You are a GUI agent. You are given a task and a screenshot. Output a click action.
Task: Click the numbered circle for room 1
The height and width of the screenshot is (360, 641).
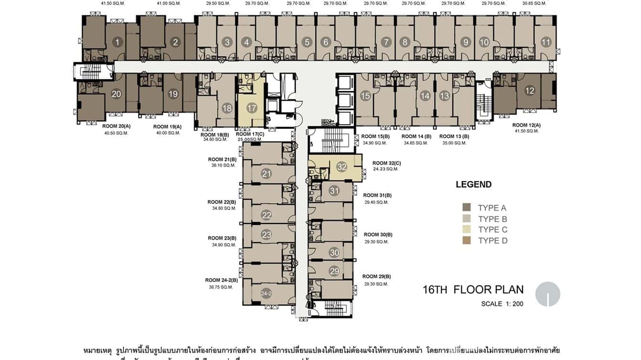point(117,42)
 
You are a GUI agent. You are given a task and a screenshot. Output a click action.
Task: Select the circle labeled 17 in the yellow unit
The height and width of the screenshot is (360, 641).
point(252,108)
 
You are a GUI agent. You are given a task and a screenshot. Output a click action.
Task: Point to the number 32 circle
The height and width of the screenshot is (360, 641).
point(342,167)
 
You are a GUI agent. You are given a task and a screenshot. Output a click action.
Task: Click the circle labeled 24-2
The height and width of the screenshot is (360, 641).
point(267,294)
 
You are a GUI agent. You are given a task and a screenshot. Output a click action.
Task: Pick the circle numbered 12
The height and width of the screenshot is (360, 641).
point(530,91)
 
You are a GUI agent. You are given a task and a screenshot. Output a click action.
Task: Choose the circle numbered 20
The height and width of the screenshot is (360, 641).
point(116,94)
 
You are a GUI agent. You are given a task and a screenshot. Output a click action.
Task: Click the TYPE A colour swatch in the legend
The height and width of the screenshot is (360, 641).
point(467,208)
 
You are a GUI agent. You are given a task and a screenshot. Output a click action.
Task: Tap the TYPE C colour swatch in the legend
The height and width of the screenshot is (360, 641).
point(467,230)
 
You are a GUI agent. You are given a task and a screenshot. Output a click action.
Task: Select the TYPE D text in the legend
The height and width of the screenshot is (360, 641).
point(492,241)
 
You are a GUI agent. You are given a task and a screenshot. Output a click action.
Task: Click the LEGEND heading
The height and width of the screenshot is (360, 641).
point(473,185)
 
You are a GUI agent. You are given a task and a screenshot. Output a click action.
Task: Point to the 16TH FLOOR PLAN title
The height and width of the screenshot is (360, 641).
point(473,289)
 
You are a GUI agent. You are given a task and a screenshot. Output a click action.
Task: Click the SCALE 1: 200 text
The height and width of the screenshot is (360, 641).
point(502,304)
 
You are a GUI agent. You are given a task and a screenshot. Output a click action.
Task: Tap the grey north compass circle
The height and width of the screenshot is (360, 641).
point(547,294)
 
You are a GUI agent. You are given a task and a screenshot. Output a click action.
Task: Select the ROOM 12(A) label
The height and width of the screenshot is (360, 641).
point(526,125)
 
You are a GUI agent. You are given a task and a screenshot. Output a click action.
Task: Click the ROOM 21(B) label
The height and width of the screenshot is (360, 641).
point(222,159)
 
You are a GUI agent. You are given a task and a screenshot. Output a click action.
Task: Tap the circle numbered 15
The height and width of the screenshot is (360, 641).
point(365,96)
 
